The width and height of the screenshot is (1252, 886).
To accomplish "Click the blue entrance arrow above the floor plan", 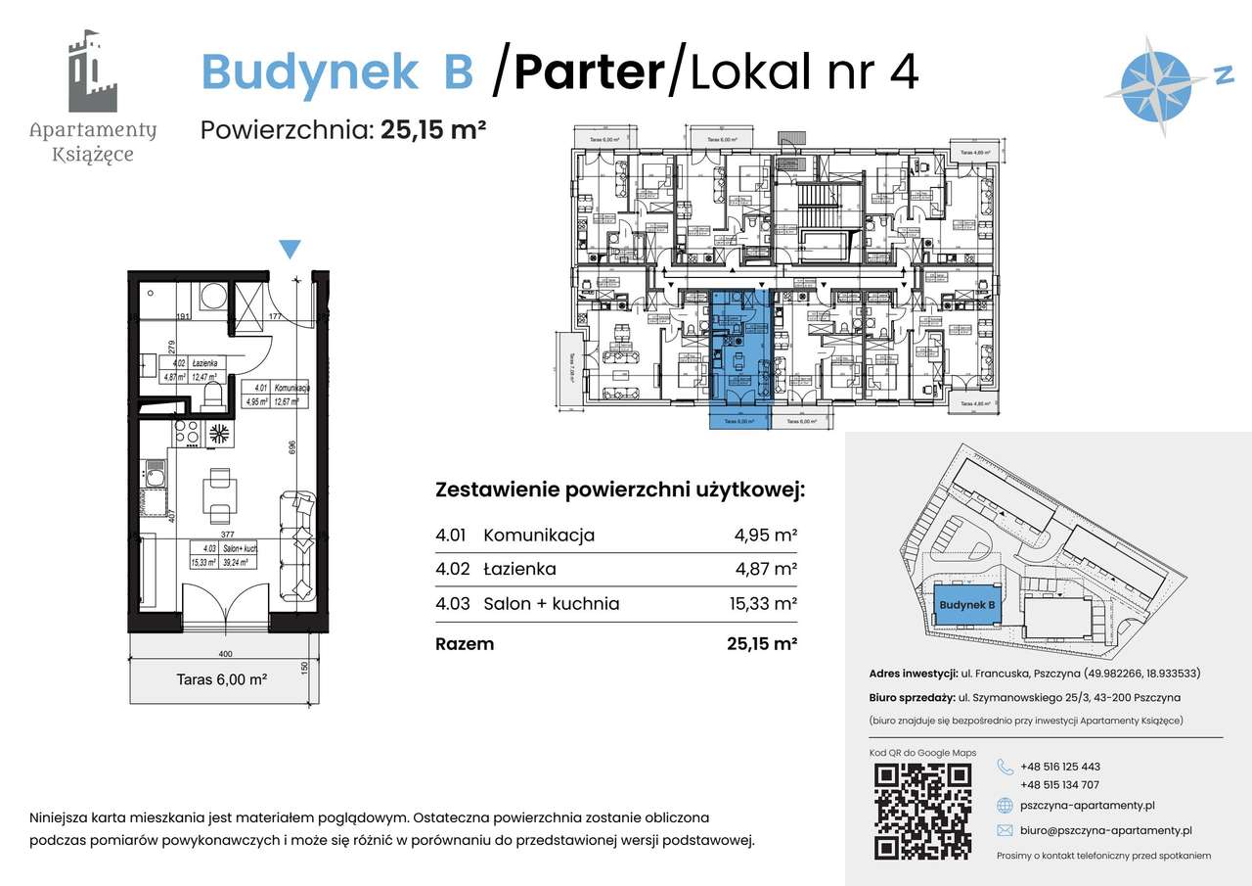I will coord(290,250).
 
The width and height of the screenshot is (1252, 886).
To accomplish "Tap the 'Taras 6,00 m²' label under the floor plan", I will coord(222,678).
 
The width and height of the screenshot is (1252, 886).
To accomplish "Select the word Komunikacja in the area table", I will coord(539,536).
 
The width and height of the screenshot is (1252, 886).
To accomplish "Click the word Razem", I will coord(465,644).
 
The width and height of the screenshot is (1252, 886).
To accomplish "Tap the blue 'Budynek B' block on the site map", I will coord(966,606).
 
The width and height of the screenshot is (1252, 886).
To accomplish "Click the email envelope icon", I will coord(1005,830).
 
